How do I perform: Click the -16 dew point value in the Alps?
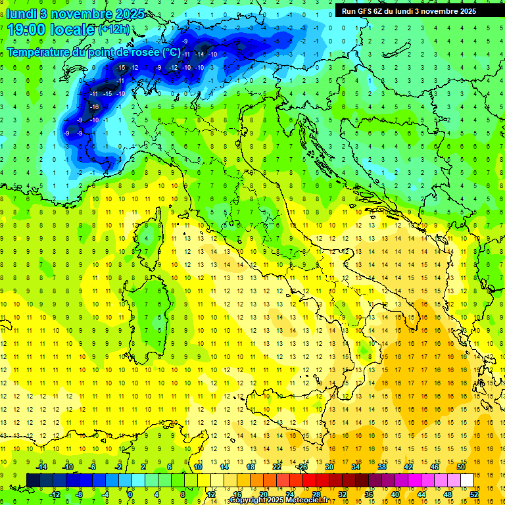coord(95,107)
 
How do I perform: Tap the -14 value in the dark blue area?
coord(199,54)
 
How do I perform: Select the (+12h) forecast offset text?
coord(113,30)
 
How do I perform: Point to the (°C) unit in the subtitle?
coord(171,52)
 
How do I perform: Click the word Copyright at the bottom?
coord(247,500)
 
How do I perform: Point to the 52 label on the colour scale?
coord(474,494)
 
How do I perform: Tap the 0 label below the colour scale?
coord(131,494)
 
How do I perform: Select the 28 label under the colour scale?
coord(316,494)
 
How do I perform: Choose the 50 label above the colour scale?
coord(461,467)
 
